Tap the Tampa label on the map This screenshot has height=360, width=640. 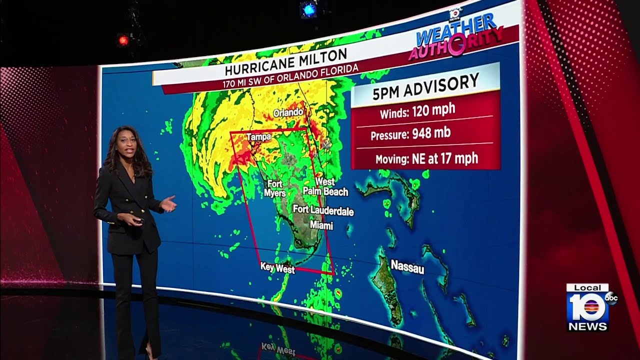[258, 136]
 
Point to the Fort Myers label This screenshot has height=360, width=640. [275, 188]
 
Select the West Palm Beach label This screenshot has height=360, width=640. [325, 186]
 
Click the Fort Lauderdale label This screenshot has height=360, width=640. [323, 210]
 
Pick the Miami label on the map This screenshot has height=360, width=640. [321, 225]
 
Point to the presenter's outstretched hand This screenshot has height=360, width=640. [169, 204]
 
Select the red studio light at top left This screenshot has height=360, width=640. [123, 40]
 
